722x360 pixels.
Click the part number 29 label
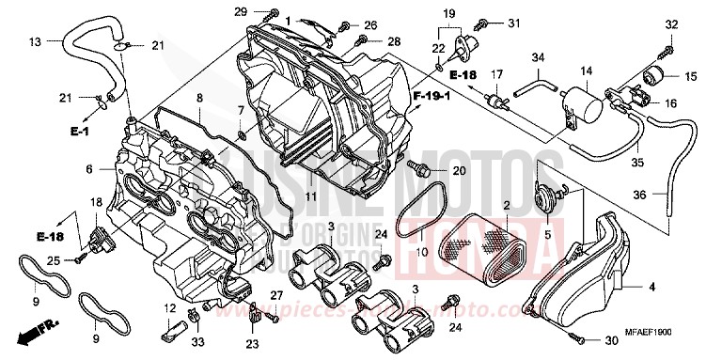pyautogui.click(x=240, y=11)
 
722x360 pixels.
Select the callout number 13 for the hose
pyautogui.click(x=35, y=41)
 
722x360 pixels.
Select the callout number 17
pyautogui.click(x=498, y=73)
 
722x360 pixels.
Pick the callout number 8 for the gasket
pyautogui.click(x=199, y=98)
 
